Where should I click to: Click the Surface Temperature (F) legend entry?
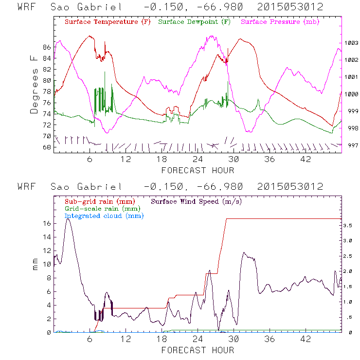pyautogui.click(x=107, y=22)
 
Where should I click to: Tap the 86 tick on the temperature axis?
pyautogui.click(x=47, y=47)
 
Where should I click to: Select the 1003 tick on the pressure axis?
pyautogui.click(x=352, y=43)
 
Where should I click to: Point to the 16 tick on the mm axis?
pyautogui.click(x=47, y=223)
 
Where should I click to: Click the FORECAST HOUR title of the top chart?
pyautogui.click(x=198, y=170)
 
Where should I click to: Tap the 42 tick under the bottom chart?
pyautogui.click(x=306, y=339)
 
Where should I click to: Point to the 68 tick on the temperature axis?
pyautogui.click(x=47, y=147)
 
